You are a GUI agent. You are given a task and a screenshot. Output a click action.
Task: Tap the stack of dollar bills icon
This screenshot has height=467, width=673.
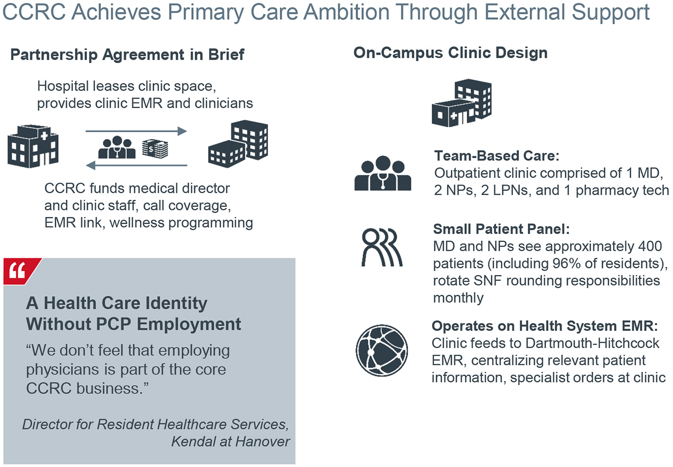pyautogui.click(x=155, y=149)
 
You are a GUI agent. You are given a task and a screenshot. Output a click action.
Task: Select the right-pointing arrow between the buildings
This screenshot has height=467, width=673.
pyautogui.click(x=137, y=131)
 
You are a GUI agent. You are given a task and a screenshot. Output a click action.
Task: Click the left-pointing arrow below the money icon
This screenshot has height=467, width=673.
pyautogui.click(x=137, y=165)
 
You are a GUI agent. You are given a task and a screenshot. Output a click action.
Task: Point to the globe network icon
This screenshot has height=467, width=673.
pyautogui.click(x=382, y=351)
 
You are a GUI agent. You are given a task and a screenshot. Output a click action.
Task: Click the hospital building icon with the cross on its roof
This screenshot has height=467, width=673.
pyautogui.click(x=33, y=146)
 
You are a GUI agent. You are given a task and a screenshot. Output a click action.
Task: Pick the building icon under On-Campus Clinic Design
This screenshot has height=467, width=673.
pyautogui.click(x=462, y=103)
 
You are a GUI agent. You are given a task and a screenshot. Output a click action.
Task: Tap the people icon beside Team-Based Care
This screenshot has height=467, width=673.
pyautogui.click(x=383, y=173)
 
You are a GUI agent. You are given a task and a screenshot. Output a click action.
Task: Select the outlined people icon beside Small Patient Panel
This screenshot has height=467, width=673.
pyautogui.click(x=382, y=247)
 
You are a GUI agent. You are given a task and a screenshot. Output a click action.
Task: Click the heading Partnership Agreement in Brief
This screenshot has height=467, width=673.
pyautogui.click(x=127, y=55)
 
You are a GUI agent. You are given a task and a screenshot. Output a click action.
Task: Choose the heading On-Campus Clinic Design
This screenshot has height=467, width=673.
pyautogui.click(x=450, y=53)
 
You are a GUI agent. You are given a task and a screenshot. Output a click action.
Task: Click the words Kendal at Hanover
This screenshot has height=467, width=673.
pyautogui.click(x=230, y=442)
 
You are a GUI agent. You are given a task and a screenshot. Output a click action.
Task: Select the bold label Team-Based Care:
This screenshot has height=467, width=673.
pyautogui.click(x=497, y=156)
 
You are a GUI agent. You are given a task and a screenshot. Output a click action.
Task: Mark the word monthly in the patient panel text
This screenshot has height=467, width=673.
pyautogui.click(x=459, y=298)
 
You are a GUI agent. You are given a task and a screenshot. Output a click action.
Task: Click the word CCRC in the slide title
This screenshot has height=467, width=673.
pyautogui.click(x=34, y=12)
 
